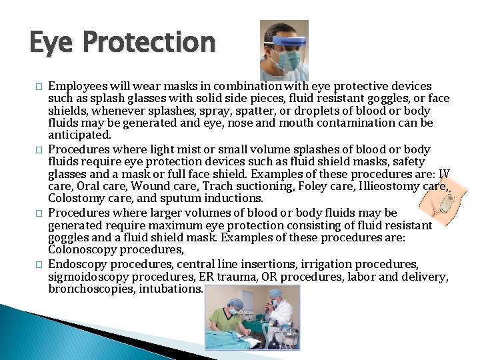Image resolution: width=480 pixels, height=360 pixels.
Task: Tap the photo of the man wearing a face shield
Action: [x=283, y=51]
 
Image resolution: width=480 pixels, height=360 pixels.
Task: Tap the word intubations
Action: [x=172, y=289]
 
